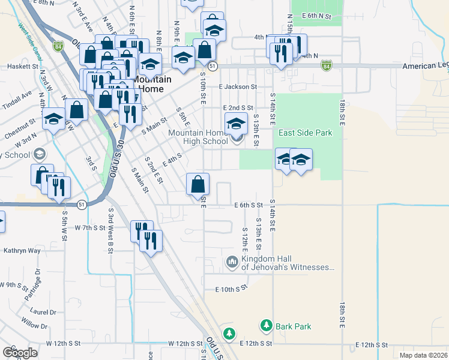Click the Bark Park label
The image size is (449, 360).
click(294, 326)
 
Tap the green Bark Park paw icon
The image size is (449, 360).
click(267, 326)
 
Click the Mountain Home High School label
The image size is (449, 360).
click(198, 137)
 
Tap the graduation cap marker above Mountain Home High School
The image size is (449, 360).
click(236, 124)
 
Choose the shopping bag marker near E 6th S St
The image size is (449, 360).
click(197, 185)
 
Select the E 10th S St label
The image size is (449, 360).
click(231, 289)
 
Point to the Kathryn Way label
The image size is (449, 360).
click(22, 250)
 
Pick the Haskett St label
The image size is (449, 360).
click(22, 67)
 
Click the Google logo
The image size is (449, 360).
click(20, 352)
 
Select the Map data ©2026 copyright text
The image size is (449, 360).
click(423, 355)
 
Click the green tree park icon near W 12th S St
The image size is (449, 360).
click(229, 333)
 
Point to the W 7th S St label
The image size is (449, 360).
click(90, 228)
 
